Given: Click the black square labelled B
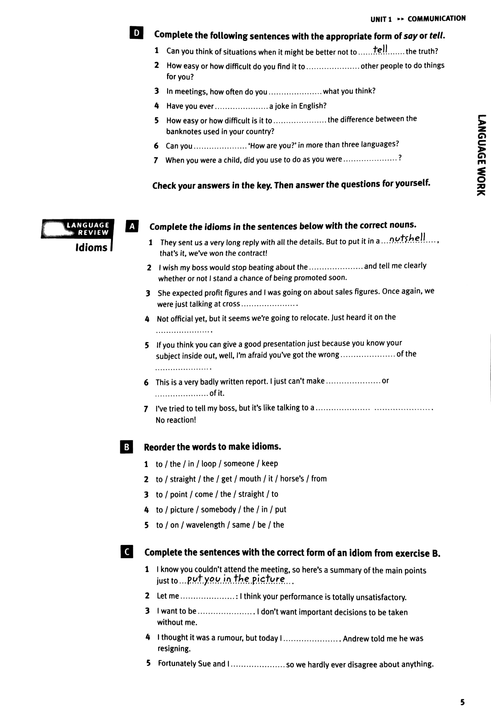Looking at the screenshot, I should [126, 447].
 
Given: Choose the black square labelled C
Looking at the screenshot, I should [127, 552].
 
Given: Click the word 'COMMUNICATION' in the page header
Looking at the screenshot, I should [436, 19].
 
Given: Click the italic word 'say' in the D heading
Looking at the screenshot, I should [410, 36].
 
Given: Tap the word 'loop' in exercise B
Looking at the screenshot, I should [209, 463].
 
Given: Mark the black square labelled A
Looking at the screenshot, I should [132, 226].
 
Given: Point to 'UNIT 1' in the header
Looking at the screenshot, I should [381, 19].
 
